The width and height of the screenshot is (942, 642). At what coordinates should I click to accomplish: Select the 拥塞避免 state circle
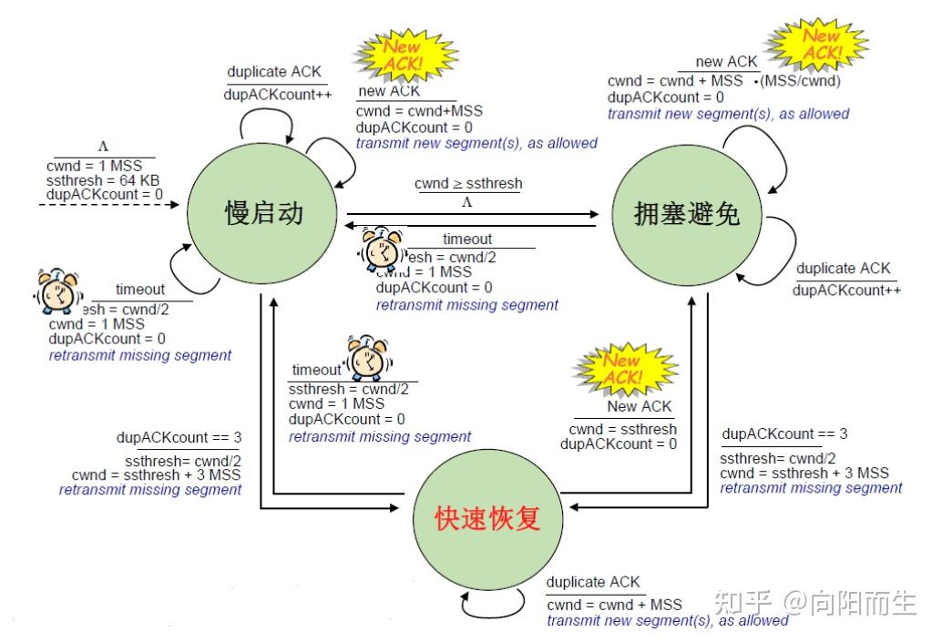[687, 214]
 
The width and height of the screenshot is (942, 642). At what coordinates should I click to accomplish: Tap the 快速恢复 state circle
[489, 518]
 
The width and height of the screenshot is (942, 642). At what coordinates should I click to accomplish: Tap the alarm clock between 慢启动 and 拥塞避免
[381, 250]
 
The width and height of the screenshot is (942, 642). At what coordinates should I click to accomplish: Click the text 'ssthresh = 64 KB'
[102, 179]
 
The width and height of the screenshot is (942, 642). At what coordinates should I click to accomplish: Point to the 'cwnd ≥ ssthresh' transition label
[468, 184]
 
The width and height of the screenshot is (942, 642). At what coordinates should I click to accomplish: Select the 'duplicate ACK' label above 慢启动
[274, 72]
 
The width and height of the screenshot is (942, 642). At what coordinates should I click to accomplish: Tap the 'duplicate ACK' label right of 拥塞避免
[843, 269]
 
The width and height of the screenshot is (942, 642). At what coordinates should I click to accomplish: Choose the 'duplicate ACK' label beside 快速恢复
[593, 582]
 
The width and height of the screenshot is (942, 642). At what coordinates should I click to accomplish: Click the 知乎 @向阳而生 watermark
[815, 602]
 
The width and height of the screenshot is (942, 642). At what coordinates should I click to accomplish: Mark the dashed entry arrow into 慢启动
[109, 205]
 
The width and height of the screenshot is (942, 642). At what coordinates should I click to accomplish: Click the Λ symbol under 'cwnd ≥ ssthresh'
[468, 201]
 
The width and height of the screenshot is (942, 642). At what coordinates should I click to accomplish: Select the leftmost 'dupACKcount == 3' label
[179, 437]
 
